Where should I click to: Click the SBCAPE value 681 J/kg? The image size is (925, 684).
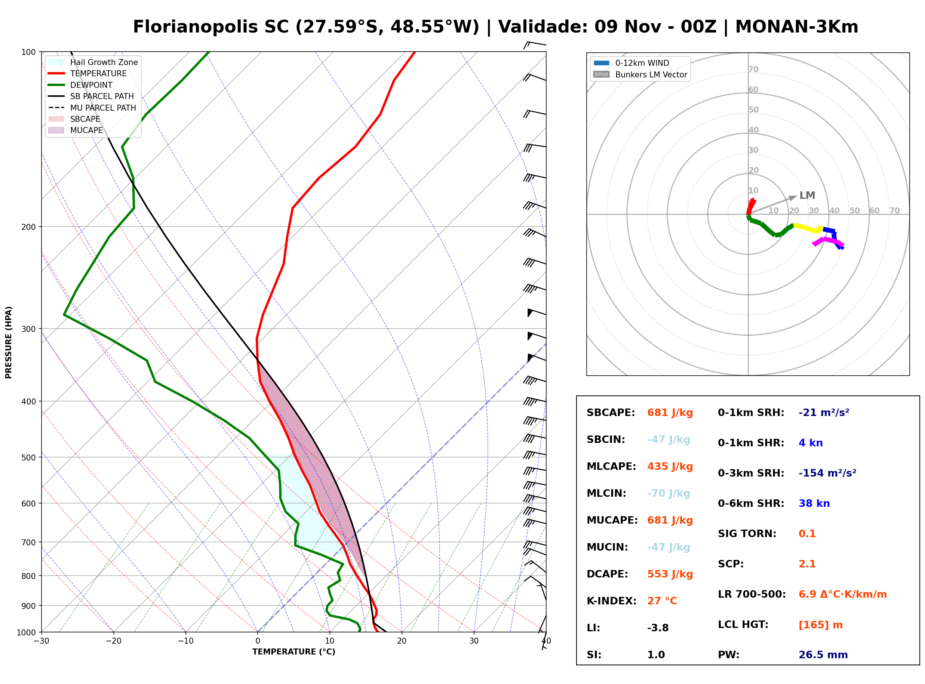tap(670, 413)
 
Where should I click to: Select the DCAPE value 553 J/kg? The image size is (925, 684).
tap(670, 574)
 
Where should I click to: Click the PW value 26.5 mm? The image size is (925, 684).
tap(823, 655)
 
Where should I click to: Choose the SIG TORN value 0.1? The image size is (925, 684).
tap(807, 534)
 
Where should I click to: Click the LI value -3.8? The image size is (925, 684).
tap(658, 628)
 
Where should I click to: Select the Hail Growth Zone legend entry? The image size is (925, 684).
tap(93, 62)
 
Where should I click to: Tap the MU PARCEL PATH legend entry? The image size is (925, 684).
tap(92, 108)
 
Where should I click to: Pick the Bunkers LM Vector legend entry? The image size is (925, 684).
tap(640, 74)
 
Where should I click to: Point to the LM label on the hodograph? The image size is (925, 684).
tap(807, 195)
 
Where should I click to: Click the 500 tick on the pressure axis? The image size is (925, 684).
tap(29, 457)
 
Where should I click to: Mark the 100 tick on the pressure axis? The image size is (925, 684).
tap(29, 52)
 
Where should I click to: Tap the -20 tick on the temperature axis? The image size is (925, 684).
tap(113, 641)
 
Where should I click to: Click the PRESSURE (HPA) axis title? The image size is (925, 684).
tap(9, 342)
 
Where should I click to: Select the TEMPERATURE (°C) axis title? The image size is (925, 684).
tap(294, 652)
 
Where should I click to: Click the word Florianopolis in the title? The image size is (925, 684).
tap(195, 27)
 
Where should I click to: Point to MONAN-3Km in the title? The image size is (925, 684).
tap(797, 27)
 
